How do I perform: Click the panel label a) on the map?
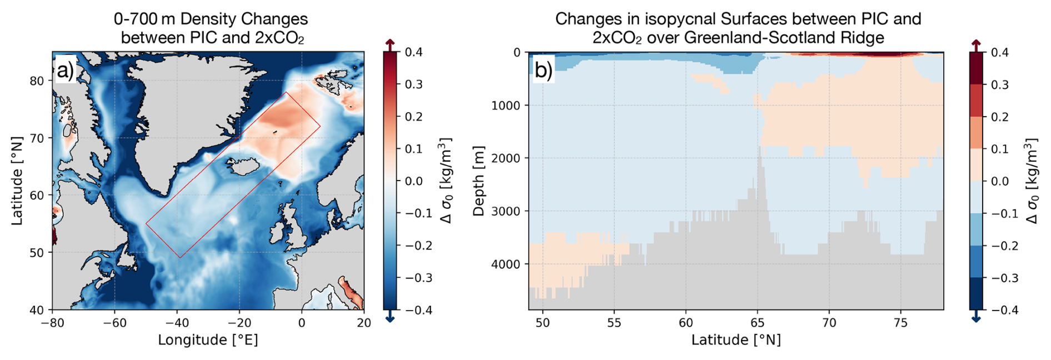pos(65,71)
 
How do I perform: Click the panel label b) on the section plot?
pos(543,71)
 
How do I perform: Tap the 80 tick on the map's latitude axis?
pos(37,81)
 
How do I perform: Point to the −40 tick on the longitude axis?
pos(177,323)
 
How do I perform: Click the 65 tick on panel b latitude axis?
pos(757,323)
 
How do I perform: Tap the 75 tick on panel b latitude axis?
pos(900,323)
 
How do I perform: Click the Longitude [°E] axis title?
pos(208,340)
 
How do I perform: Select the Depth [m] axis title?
pos(478,181)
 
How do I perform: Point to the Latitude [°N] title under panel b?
pos(735,340)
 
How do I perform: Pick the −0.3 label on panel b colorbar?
pos(1002,278)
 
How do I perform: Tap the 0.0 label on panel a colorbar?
pos(414,181)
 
